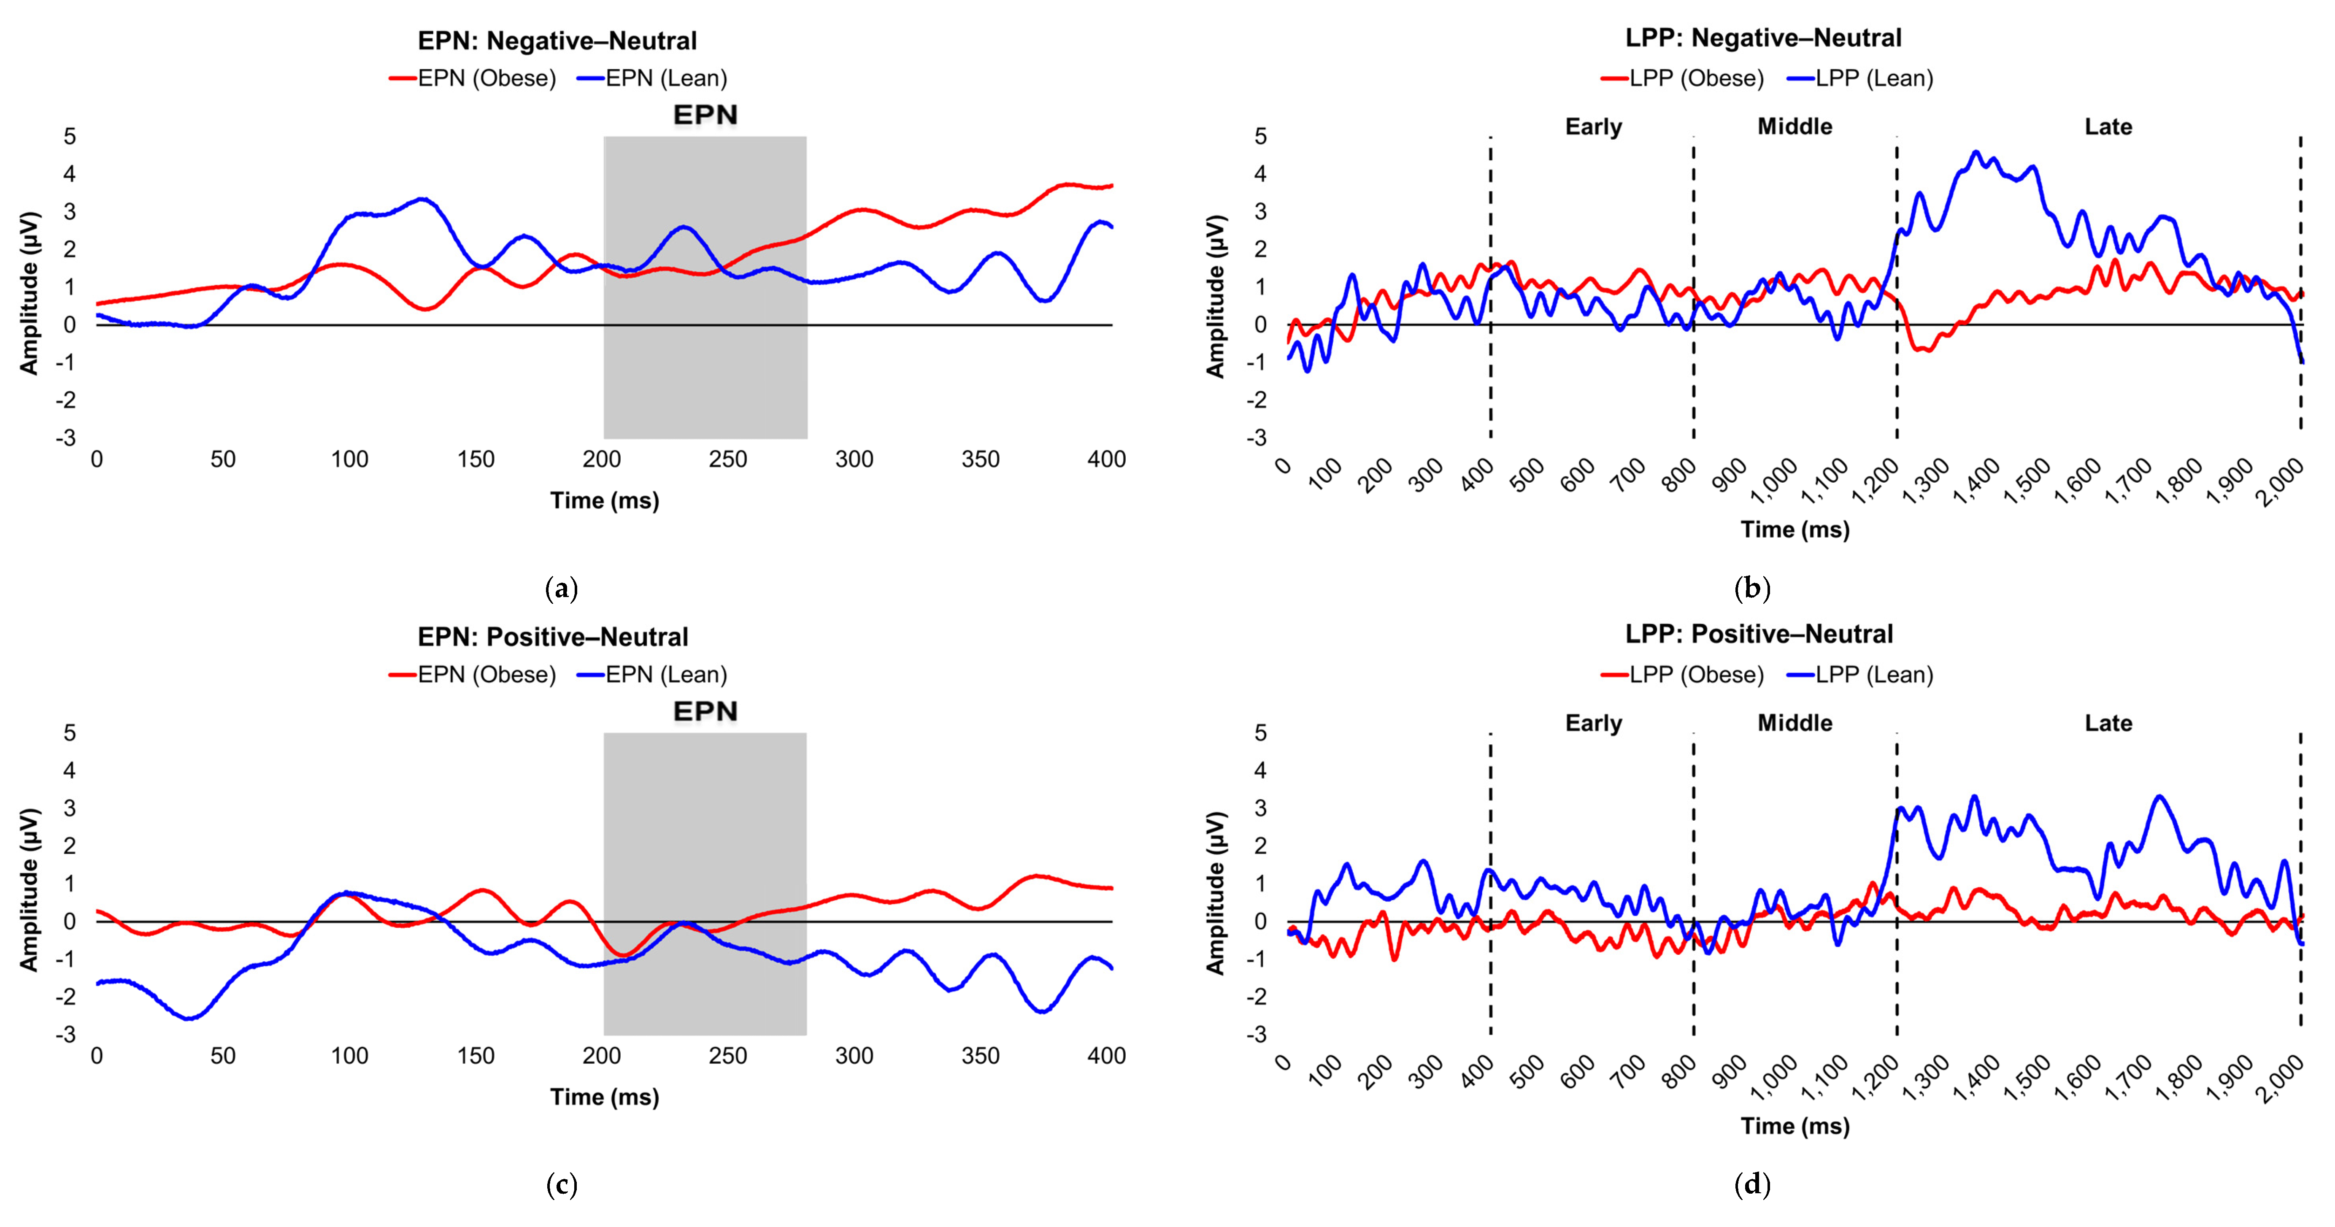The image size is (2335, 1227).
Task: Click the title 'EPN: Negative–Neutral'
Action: click(x=557, y=41)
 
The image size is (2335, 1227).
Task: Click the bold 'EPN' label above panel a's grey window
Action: click(x=705, y=115)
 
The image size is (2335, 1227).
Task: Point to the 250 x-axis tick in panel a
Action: click(x=728, y=459)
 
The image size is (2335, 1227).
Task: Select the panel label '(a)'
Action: click(x=561, y=589)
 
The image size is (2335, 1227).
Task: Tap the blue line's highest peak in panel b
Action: click(x=1976, y=153)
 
